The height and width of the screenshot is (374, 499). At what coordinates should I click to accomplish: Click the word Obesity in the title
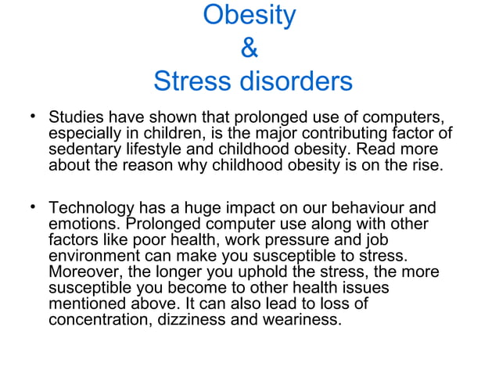(x=249, y=16)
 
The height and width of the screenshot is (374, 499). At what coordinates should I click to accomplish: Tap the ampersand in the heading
(x=249, y=49)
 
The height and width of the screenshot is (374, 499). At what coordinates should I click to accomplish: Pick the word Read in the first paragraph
(x=379, y=149)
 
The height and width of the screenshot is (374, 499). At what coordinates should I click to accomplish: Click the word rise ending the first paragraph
(x=425, y=165)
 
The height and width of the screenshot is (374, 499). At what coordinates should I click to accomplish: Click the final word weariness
(x=302, y=319)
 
